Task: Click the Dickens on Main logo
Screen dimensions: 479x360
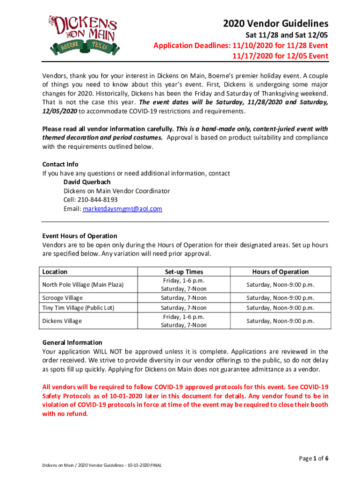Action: click(x=83, y=34)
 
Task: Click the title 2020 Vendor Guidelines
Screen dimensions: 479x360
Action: click(x=275, y=23)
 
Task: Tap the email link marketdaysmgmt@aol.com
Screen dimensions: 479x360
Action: click(x=122, y=209)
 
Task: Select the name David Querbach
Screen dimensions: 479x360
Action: click(x=87, y=182)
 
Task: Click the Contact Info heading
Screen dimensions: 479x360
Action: click(x=60, y=164)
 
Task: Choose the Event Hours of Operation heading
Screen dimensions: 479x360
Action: click(x=80, y=236)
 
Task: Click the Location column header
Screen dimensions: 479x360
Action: click(x=55, y=272)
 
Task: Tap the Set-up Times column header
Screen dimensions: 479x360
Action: click(x=184, y=272)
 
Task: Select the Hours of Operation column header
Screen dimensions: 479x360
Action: click(x=281, y=272)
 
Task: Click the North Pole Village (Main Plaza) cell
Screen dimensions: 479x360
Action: click(x=83, y=285)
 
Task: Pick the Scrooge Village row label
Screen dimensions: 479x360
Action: click(x=63, y=298)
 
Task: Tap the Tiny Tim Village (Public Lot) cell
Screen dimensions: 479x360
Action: click(x=78, y=308)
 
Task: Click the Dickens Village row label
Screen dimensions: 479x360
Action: click(x=62, y=321)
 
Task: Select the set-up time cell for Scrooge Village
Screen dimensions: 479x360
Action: click(x=184, y=298)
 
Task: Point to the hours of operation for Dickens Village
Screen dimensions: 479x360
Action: click(x=281, y=321)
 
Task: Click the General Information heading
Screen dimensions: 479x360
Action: click(x=72, y=342)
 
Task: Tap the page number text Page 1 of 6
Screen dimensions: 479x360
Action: click(x=313, y=458)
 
